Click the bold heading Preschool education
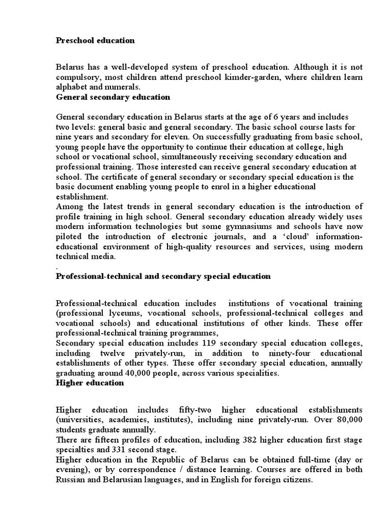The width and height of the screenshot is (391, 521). [x=95, y=40]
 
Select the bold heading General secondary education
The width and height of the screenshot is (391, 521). [x=113, y=97]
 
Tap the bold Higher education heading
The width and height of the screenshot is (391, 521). [x=90, y=383]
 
